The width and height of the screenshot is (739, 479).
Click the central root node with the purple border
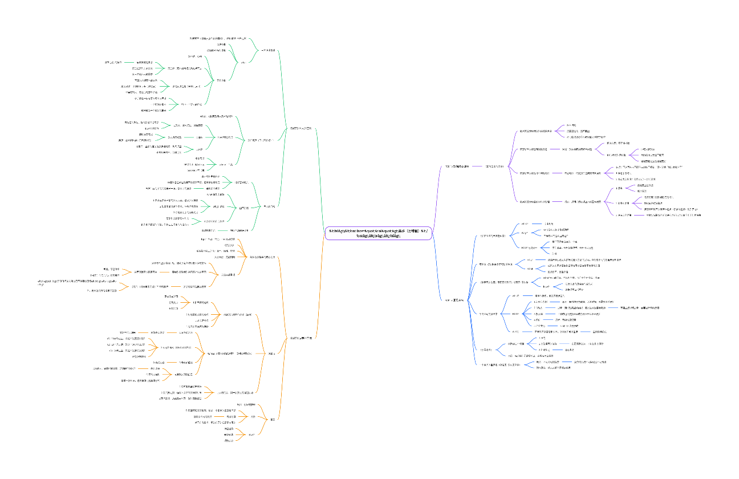pos(378,232)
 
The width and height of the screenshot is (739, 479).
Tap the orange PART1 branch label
pos(300,338)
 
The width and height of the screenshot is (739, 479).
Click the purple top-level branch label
pos(456,167)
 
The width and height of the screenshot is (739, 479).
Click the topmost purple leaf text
pos(571,125)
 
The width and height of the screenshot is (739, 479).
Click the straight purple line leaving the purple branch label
pos(477,167)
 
